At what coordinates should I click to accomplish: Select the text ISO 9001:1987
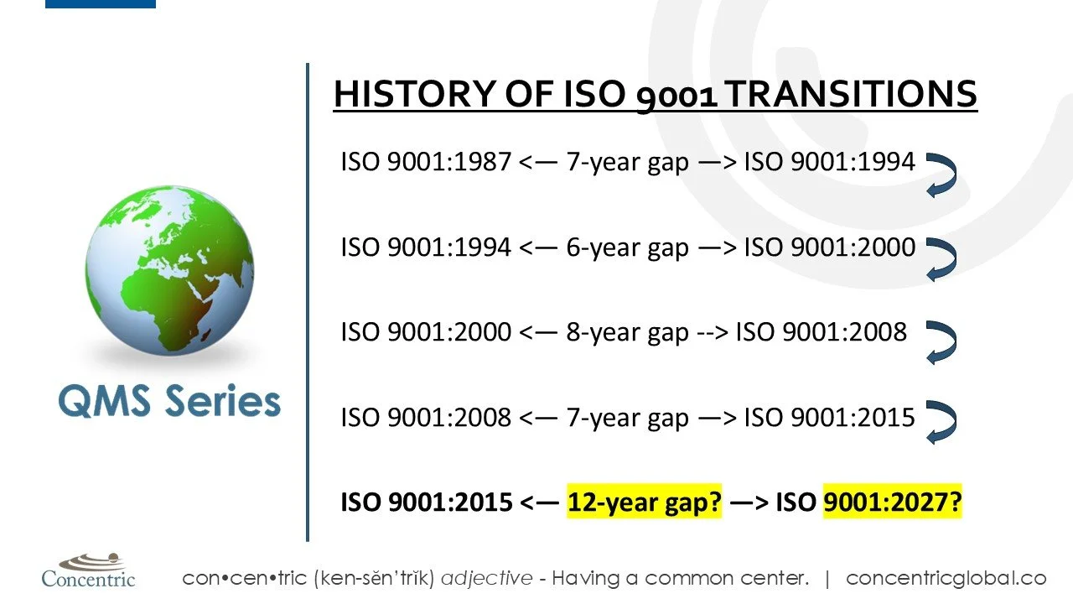tap(425, 161)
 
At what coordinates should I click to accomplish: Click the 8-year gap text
tap(627, 332)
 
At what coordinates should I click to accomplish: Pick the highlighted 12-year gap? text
tap(644, 502)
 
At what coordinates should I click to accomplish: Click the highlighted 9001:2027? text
tap(892, 502)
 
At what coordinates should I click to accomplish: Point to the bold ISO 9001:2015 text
tap(425, 502)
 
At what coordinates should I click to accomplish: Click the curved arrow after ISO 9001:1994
tap(941, 174)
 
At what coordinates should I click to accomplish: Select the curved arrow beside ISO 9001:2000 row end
tap(941, 258)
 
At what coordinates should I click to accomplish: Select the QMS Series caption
tap(169, 402)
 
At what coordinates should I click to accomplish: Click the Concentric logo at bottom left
tap(88, 570)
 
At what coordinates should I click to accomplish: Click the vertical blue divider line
tap(308, 302)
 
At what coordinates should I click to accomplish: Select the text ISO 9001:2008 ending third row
tap(821, 332)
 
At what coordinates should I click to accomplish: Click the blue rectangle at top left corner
tap(100, 3)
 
